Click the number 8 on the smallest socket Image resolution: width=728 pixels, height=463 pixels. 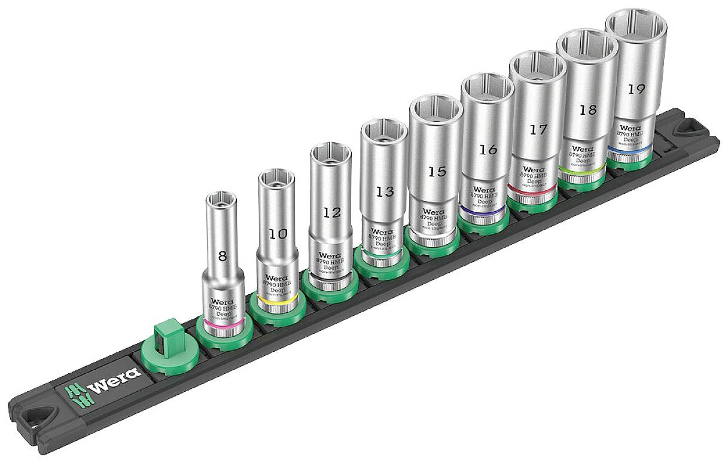223,257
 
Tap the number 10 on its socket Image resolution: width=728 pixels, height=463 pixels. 278,234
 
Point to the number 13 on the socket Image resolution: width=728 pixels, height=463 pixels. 384,191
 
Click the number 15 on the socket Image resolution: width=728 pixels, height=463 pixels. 437,172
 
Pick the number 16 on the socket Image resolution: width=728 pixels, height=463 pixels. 488,150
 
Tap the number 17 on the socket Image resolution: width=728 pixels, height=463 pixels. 538,129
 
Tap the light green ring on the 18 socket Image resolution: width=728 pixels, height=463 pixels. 580,169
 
